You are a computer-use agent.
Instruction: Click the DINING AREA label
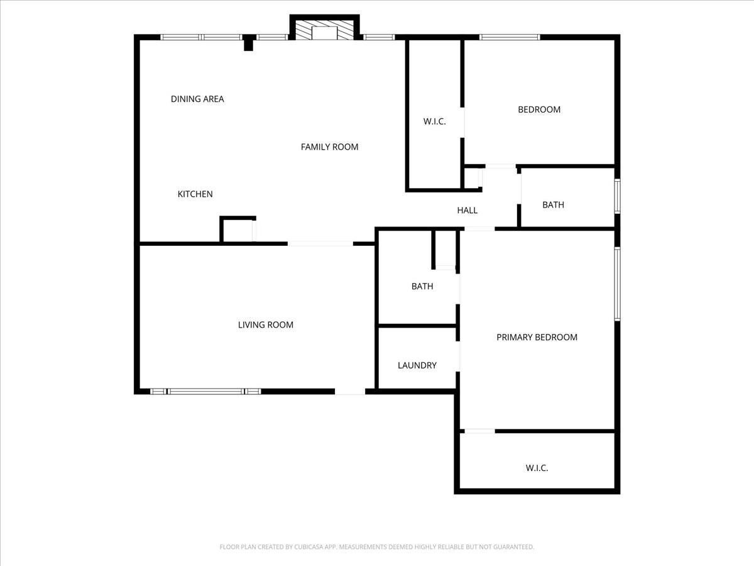(x=197, y=99)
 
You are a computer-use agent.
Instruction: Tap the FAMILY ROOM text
(x=329, y=147)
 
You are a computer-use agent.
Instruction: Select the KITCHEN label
(x=195, y=194)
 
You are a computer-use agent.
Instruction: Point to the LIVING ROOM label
(x=266, y=325)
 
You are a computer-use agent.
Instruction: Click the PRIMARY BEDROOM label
(x=537, y=337)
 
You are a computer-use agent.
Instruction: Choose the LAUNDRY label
(x=417, y=365)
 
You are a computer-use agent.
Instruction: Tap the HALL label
(x=467, y=210)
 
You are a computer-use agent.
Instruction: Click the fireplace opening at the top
(x=324, y=33)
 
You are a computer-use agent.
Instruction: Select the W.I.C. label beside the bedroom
(x=435, y=121)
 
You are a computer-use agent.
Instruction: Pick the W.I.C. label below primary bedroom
(x=537, y=468)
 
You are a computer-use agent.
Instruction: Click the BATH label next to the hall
(x=553, y=205)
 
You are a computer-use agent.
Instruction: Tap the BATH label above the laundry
(x=422, y=286)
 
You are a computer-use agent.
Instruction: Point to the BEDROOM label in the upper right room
(x=539, y=109)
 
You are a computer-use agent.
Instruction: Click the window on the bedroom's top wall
(x=510, y=37)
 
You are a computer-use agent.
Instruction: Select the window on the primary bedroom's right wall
(x=617, y=284)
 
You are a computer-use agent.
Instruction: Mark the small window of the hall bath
(x=617, y=196)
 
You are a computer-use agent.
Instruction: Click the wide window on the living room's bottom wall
(x=205, y=391)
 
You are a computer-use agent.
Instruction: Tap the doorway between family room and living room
(x=320, y=243)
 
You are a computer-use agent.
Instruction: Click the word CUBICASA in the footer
(x=308, y=547)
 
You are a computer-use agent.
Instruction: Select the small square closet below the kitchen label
(x=238, y=230)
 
